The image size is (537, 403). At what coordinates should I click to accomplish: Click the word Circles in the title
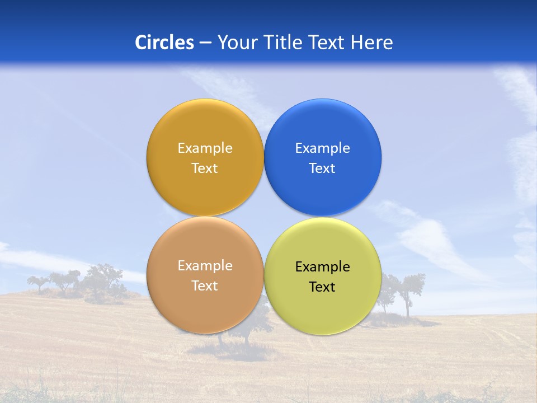(x=164, y=43)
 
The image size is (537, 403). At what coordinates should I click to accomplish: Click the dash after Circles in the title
(x=205, y=43)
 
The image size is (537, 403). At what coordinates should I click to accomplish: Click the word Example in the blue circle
(x=323, y=148)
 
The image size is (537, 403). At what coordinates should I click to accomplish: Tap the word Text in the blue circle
(x=323, y=168)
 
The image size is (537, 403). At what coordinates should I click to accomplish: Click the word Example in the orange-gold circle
(x=205, y=148)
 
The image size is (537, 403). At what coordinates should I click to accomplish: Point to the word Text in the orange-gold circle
(x=205, y=168)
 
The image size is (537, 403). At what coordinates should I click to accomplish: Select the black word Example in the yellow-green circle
(x=323, y=267)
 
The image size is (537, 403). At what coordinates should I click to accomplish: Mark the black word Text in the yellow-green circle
(x=323, y=287)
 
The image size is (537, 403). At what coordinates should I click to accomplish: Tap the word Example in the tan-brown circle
(x=205, y=266)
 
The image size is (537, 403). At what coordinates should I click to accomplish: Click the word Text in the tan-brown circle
(x=205, y=286)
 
